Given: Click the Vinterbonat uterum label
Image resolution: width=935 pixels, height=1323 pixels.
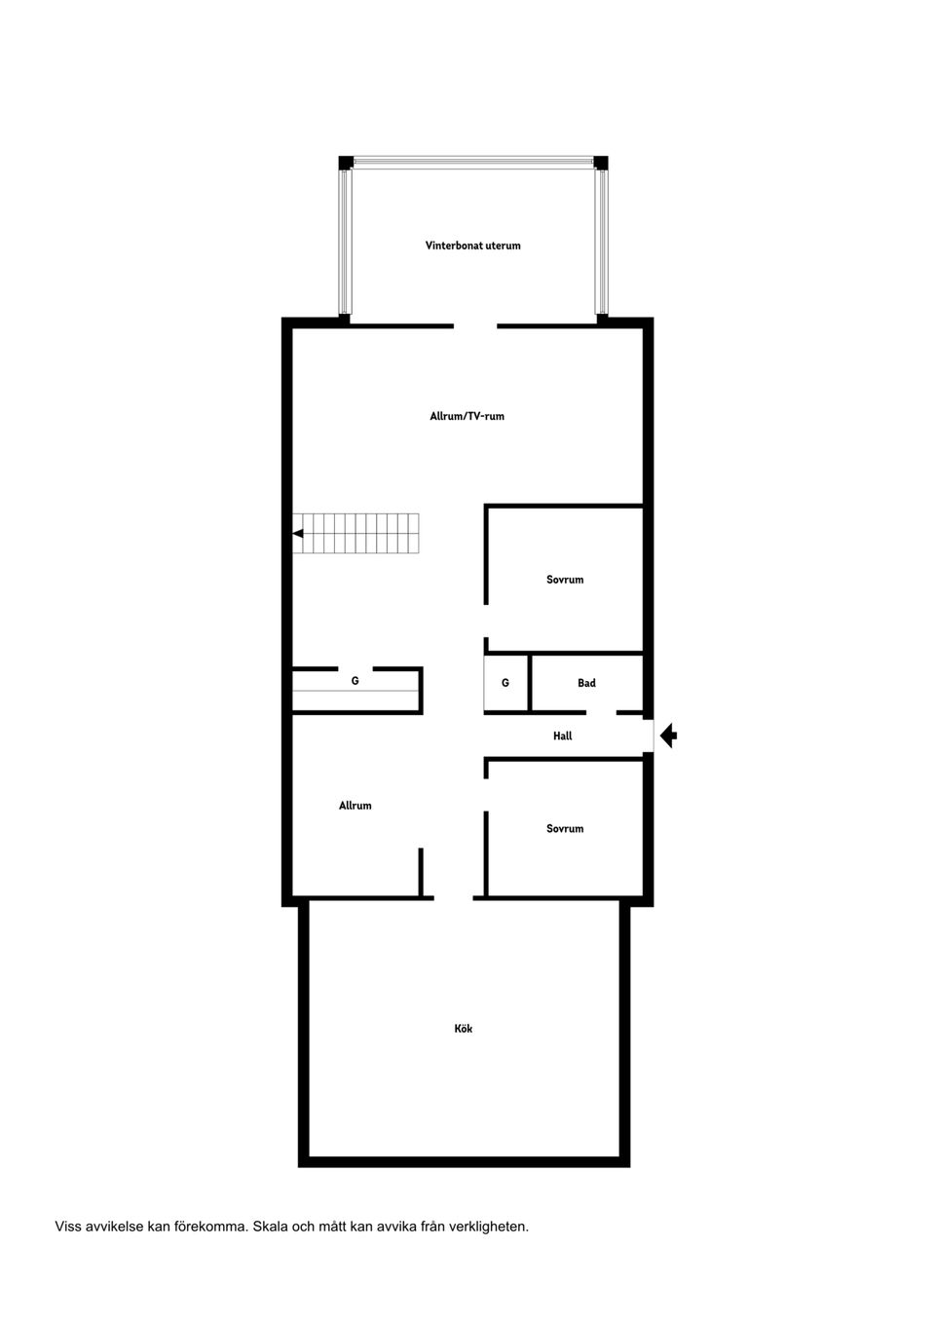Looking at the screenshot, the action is coord(472,246).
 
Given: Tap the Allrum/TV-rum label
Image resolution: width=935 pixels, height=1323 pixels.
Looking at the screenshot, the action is coord(467,416).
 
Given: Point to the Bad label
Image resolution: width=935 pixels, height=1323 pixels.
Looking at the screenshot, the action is coord(586,683).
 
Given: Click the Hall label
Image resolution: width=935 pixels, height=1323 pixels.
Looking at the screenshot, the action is coord(563,736).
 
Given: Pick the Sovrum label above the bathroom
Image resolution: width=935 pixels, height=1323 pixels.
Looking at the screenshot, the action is coord(565,580).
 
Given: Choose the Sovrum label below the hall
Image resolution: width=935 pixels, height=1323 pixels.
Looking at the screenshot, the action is coord(565,829).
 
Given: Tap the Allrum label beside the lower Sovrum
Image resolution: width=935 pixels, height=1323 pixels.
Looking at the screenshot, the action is coord(355,806).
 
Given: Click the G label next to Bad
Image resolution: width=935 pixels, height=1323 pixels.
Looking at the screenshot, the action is coord(505,683).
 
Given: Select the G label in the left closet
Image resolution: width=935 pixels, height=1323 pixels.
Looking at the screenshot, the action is coord(355,681).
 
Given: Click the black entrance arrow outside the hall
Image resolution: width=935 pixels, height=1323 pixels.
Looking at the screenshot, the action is coord(668,736).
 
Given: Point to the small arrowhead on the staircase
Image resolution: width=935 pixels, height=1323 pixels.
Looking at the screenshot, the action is coord(298,533).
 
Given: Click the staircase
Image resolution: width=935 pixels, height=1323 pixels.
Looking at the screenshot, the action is coord(355,533).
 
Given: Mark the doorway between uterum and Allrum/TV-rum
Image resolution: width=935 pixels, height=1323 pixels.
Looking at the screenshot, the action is coord(475,326).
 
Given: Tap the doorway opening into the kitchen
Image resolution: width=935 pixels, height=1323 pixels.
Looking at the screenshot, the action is coord(453,898).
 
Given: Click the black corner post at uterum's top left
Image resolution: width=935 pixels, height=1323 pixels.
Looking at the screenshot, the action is coord(346,163).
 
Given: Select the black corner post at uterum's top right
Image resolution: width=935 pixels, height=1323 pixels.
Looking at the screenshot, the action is coord(601,163).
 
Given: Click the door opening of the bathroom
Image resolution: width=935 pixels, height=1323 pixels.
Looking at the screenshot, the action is coord(601,713).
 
